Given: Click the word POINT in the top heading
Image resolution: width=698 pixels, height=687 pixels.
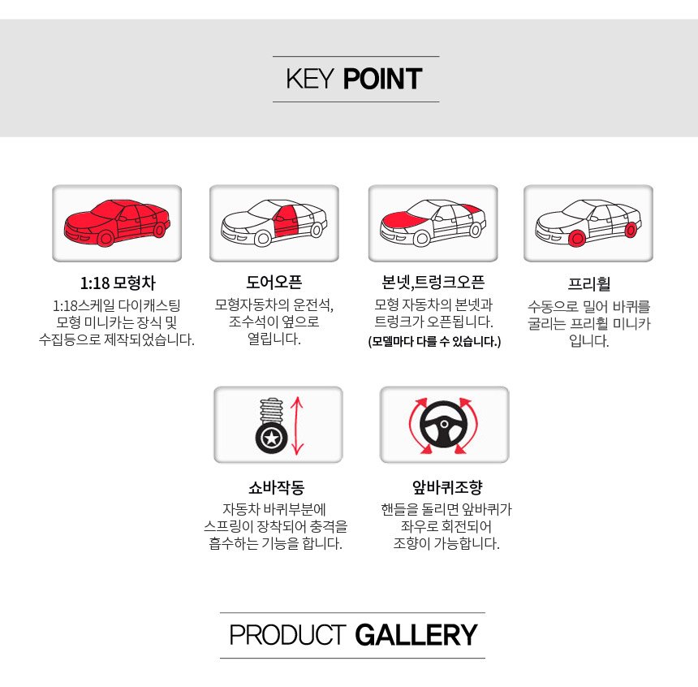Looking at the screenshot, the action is tap(382, 79).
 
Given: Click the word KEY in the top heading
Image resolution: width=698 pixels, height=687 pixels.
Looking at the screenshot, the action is tap(309, 79).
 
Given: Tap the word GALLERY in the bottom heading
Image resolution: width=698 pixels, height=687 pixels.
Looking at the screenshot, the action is tap(416, 635).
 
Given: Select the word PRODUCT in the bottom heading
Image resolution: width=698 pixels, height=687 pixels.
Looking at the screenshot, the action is tap(287, 635).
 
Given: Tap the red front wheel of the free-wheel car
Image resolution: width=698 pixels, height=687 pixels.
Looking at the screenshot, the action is tap(577, 239).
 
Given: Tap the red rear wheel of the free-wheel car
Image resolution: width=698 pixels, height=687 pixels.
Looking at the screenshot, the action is tap(631, 230).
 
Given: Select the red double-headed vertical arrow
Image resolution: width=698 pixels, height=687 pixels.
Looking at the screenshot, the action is tap(297, 426).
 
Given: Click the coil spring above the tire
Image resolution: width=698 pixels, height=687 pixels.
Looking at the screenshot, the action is tap(271, 412).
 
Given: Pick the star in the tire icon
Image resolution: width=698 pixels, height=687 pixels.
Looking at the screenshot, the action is tap(271, 439).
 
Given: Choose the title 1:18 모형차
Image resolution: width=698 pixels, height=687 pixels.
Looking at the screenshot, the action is tap(118, 283).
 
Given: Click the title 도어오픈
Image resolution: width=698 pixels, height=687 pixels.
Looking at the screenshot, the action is tap(274, 282).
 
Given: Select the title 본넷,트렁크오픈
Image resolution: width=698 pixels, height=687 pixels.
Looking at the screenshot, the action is tap(433, 282).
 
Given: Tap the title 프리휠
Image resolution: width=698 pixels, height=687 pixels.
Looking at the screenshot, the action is tap(588, 283).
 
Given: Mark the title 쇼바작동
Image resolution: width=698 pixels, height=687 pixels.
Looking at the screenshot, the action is tap(277, 487).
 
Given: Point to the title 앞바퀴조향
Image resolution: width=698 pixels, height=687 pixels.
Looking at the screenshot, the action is tap(447, 487).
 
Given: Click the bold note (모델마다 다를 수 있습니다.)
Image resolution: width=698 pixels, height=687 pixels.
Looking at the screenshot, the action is tap(434, 342).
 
